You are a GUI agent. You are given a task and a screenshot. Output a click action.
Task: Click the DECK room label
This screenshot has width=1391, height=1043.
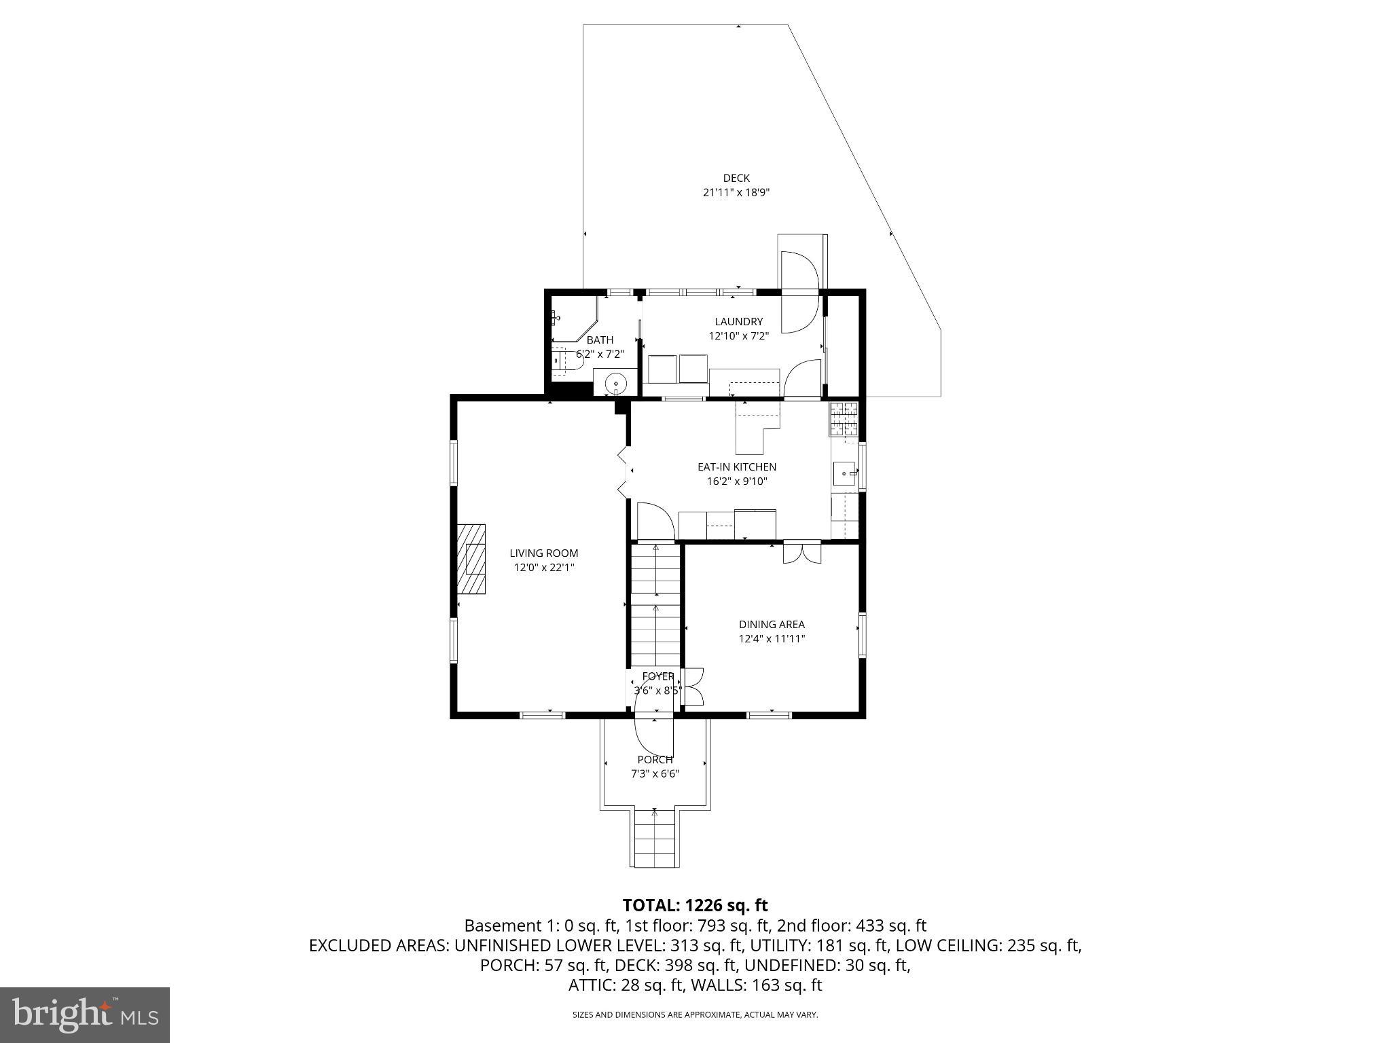click(x=736, y=178)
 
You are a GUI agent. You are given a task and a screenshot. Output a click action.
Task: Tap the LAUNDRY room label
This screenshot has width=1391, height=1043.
click(x=738, y=322)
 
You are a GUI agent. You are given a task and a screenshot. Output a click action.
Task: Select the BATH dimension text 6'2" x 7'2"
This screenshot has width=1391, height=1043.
click(x=600, y=354)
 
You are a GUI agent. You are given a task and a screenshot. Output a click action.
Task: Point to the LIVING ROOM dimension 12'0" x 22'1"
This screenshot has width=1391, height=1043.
click(x=544, y=568)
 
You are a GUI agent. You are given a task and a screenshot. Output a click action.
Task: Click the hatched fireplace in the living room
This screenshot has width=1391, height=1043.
click(x=471, y=559)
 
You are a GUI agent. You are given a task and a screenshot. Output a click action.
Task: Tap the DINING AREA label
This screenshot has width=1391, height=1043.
click(x=772, y=625)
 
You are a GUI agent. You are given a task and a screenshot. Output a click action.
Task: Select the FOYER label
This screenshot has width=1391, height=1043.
click(x=658, y=676)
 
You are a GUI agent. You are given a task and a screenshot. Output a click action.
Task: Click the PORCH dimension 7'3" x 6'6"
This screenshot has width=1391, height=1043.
click(x=655, y=773)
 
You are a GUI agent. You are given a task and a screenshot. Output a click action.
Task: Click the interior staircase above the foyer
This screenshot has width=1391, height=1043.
click(x=655, y=604)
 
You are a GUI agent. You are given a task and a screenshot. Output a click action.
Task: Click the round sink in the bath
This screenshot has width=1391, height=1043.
click(x=616, y=384)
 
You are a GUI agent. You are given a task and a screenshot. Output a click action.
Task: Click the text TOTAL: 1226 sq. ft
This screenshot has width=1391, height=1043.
click(x=695, y=905)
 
